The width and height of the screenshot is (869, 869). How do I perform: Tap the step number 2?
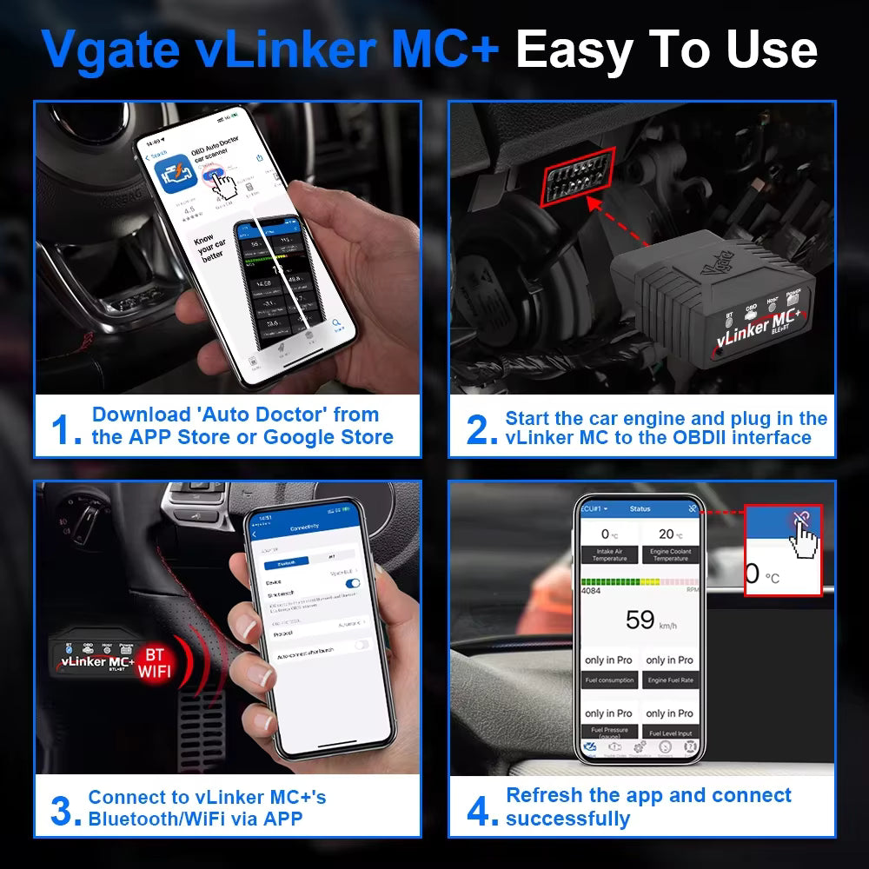(482, 429)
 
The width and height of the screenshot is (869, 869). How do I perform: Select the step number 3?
(66, 810)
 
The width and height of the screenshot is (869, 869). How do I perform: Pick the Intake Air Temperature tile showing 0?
(609, 545)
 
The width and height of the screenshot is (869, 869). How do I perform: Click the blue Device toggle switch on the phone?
(352, 583)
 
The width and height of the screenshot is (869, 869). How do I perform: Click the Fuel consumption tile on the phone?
(609, 670)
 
